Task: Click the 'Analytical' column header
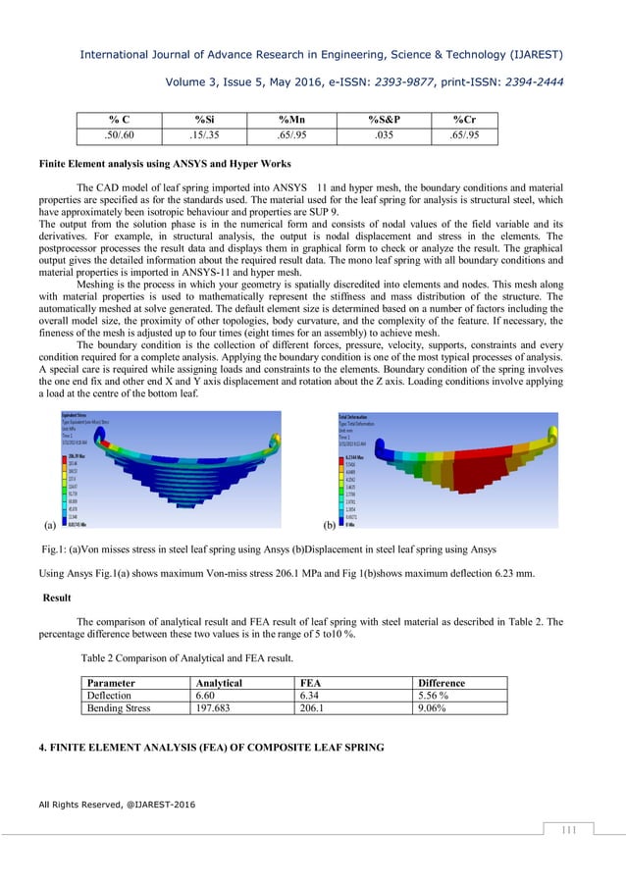click(226, 683)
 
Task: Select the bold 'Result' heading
click(61, 598)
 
